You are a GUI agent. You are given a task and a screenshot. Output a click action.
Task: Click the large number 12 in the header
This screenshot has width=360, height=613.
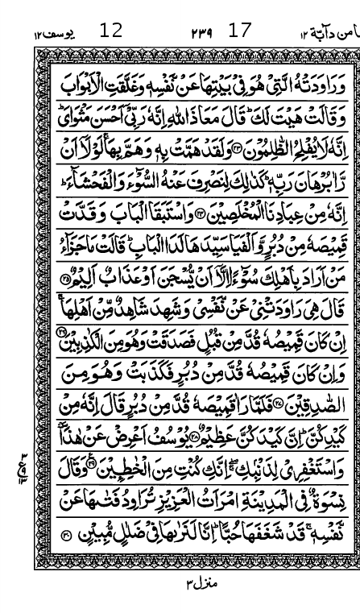point(111,31)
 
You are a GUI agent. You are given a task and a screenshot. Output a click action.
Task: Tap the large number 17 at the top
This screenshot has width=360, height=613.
point(240,31)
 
